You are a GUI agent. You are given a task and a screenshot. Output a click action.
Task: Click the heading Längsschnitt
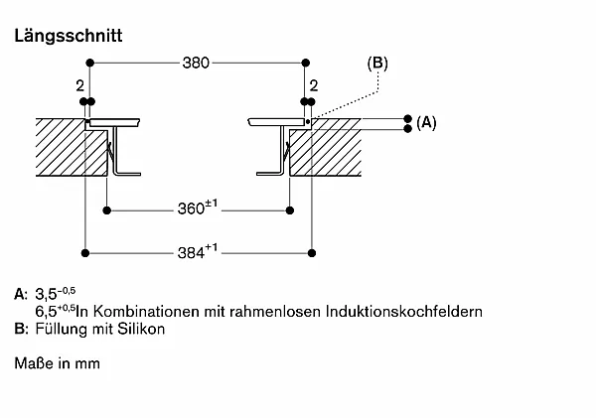coord(69,36)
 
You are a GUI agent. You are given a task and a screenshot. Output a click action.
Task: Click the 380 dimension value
coord(196,63)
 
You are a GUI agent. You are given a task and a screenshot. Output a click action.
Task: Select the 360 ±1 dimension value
coord(198,208)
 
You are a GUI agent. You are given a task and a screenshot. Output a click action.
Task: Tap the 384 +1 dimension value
coord(198,251)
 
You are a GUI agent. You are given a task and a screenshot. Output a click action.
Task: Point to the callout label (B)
coord(377,64)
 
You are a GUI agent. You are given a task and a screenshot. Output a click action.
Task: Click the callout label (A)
coord(426,123)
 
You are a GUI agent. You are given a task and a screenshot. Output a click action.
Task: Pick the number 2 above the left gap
coord(79,85)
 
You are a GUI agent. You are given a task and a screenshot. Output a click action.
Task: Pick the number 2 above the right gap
coord(314,85)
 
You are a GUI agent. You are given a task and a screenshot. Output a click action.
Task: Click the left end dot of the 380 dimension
coord(89,63)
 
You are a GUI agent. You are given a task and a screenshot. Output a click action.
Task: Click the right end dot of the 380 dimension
coord(306,63)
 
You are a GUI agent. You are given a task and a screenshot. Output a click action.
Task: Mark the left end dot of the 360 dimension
coord(107,210)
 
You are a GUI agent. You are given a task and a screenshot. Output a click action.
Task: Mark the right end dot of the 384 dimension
coord(312,253)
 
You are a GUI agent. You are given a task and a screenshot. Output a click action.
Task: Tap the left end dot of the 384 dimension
coord(85,253)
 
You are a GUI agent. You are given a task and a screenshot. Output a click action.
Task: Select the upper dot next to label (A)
coord(408,118)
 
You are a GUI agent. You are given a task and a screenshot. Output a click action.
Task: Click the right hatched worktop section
coord(327,150)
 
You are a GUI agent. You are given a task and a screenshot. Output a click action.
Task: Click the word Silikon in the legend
coord(141,329)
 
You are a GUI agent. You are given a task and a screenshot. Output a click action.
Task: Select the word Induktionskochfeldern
coord(404,312)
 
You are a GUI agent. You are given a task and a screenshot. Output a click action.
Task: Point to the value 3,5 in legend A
coord(46,294)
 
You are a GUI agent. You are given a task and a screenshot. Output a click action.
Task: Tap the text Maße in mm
coord(58,363)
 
